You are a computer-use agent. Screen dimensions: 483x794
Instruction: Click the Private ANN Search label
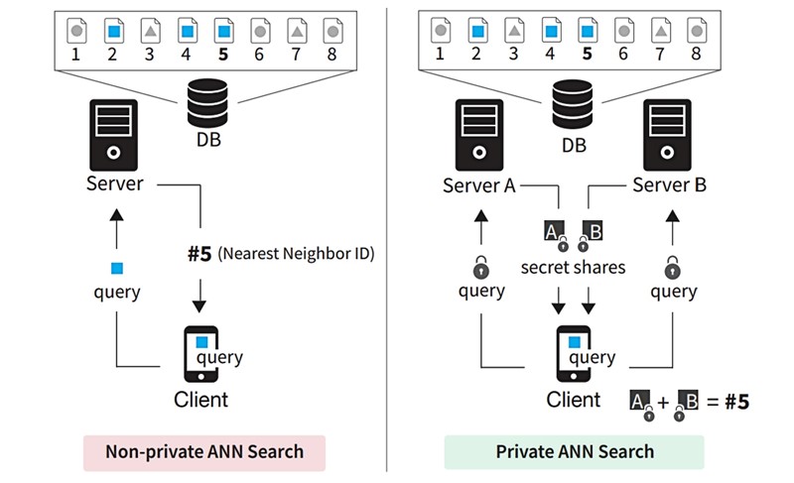coord(575,451)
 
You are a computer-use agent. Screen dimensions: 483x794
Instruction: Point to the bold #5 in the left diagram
coord(198,253)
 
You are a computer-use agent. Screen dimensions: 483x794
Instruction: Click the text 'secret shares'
coord(575,267)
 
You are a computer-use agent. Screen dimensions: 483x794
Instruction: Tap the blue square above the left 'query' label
coord(117,268)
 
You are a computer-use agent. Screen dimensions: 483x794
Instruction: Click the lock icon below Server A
coord(480,267)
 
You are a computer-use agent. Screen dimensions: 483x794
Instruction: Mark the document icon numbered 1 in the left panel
coord(74,31)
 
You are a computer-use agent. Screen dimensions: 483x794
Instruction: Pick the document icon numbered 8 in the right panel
coord(696,31)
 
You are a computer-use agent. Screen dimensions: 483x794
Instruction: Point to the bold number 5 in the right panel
coord(586,55)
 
